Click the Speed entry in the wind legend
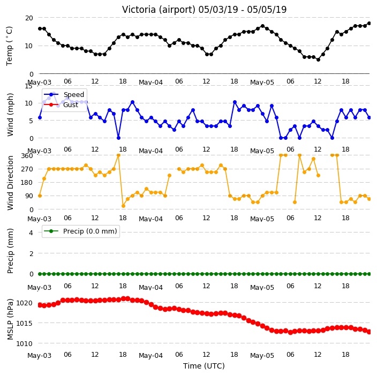[x=73, y=94]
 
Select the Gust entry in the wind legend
[x=71, y=105]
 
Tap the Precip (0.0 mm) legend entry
[x=90, y=231]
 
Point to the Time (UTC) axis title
[x=204, y=366]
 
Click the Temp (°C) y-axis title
[x=9, y=46]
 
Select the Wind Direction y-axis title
[x=10, y=183]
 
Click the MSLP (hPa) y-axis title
[x=10, y=319]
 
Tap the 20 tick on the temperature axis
[x=29, y=18]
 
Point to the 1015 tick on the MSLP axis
[x=24, y=323]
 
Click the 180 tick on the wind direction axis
[x=27, y=183]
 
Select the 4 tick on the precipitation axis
[x=31, y=232]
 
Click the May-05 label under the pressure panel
[x=262, y=356]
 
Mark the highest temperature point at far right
[x=370, y=24]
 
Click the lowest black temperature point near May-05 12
[x=318, y=59]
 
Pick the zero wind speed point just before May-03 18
[x=118, y=138]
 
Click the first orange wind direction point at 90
[x=40, y=196]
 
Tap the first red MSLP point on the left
[x=40, y=305]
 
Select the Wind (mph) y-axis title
[x=10, y=115]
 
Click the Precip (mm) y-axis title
[x=10, y=251]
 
